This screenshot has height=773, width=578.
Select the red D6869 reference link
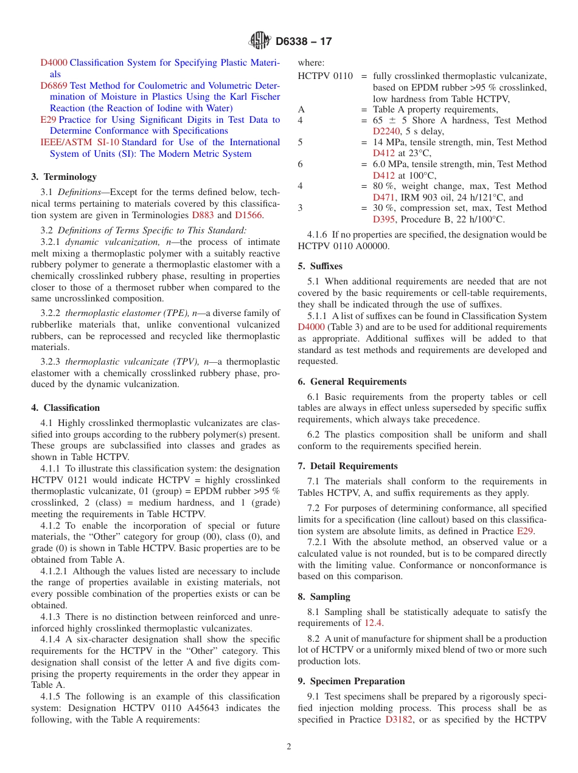point(54,86)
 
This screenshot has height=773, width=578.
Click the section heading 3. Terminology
point(64,177)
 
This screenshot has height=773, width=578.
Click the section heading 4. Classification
point(66,408)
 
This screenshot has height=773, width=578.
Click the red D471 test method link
point(385,198)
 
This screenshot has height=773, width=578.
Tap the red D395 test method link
point(385,219)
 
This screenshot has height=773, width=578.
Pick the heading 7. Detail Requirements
point(348,466)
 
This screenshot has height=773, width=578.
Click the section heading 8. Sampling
point(324,597)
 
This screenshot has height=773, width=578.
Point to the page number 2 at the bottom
point(289,747)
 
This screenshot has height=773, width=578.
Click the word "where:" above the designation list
point(311,63)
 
